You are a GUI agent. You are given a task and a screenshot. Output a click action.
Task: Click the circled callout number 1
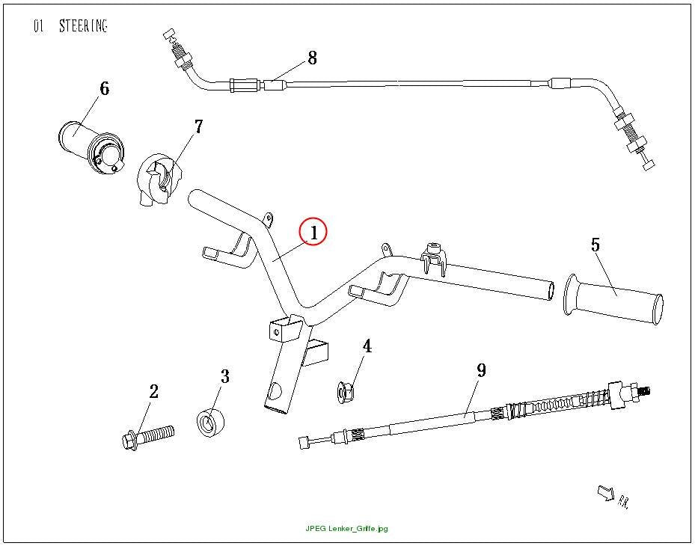[313, 233]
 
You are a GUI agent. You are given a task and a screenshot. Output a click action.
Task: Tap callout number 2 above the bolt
[153, 392]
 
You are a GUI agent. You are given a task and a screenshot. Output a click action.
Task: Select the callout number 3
[225, 377]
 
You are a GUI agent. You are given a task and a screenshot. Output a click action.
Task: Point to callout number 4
[367, 346]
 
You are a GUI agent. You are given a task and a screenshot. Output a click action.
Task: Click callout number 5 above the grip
[596, 245]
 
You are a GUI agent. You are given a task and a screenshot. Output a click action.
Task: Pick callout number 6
[104, 89]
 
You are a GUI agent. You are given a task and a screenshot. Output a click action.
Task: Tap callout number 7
[198, 126]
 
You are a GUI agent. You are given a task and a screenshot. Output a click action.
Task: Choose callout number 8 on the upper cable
[313, 58]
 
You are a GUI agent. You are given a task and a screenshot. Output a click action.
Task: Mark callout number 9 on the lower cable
[481, 370]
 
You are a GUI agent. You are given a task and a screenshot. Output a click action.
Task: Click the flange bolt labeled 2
[147, 437]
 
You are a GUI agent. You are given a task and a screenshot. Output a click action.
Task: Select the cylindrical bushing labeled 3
[210, 423]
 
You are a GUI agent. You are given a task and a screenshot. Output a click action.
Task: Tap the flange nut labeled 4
[346, 392]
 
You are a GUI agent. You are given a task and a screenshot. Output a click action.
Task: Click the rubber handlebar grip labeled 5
[613, 299]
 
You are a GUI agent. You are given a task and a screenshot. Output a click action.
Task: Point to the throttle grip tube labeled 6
[92, 147]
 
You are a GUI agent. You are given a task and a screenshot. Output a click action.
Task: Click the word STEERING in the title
[83, 26]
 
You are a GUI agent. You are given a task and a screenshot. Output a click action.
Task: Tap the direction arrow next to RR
[606, 493]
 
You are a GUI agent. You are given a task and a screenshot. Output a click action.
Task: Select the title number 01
[39, 26]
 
